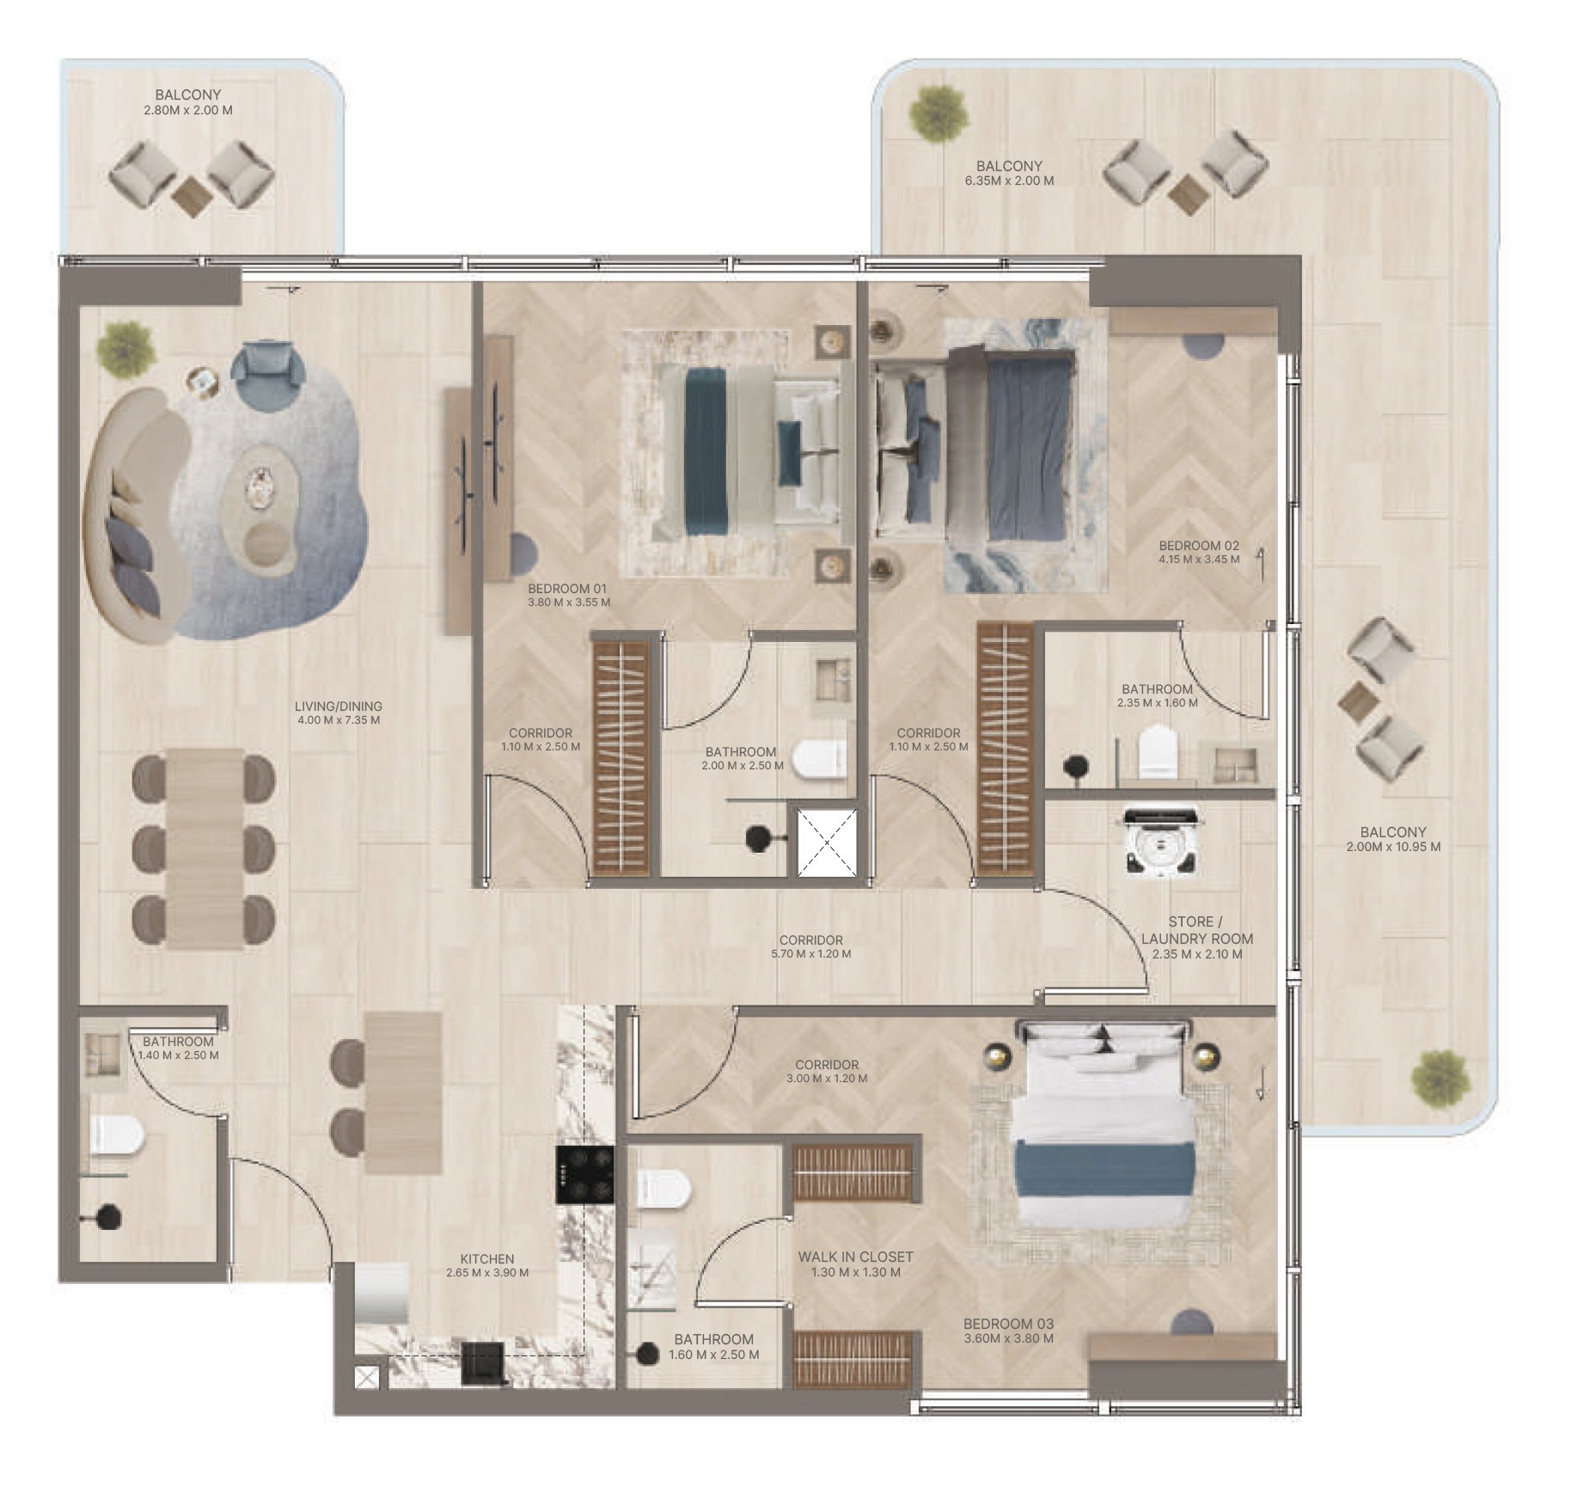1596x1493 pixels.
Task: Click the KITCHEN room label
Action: (486, 1259)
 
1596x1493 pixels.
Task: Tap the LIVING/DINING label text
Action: (338, 707)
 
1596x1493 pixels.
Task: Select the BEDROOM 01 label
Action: (567, 589)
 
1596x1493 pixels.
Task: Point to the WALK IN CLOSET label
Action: (855, 1257)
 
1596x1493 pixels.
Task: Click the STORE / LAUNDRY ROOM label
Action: (1196, 930)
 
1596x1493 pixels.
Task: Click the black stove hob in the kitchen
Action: (584, 1174)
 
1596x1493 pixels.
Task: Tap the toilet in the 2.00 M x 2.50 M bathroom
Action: (820, 759)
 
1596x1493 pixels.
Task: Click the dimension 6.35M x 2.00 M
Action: (1009, 181)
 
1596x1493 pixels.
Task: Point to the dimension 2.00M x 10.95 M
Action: (1393, 847)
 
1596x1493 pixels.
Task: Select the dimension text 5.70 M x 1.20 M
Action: (810, 954)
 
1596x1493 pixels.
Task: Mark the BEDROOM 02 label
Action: (1199, 545)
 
